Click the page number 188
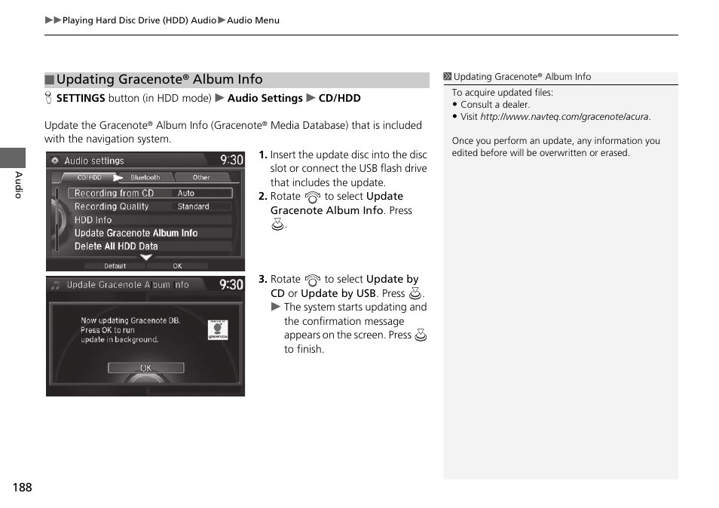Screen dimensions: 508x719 click(x=22, y=488)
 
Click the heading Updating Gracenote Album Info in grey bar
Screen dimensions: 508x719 click(x=160, y=80)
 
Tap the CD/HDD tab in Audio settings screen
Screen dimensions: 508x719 click(x=89, y=178)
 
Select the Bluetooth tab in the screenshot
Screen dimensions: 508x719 click(x=145, y=178)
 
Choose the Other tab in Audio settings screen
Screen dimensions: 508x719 click(x=201, y=178)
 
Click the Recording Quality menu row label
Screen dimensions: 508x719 click(x=112, y=207)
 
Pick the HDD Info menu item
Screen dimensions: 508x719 click(x=93, y=220)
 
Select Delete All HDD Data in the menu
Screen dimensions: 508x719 click(x=116, y=246)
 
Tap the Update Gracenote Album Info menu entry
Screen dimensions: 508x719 click(x=136, y=233)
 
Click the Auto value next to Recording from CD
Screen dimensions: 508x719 click(x=186, y=193)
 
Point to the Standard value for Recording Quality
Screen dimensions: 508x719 click(x=193, y=207)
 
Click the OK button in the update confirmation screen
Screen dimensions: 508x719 click(x=145, y=368)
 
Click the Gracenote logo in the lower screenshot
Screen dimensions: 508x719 click(x=217, y=329)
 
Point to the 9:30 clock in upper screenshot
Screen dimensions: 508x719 click(x=231, y=160)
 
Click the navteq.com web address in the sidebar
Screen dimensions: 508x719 click(x=564, y=117)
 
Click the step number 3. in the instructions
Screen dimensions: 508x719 click(x=263, y=279)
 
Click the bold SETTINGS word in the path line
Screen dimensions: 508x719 click(x=81, y=98)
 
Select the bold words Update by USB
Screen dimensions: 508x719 click(x=338, y=293)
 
